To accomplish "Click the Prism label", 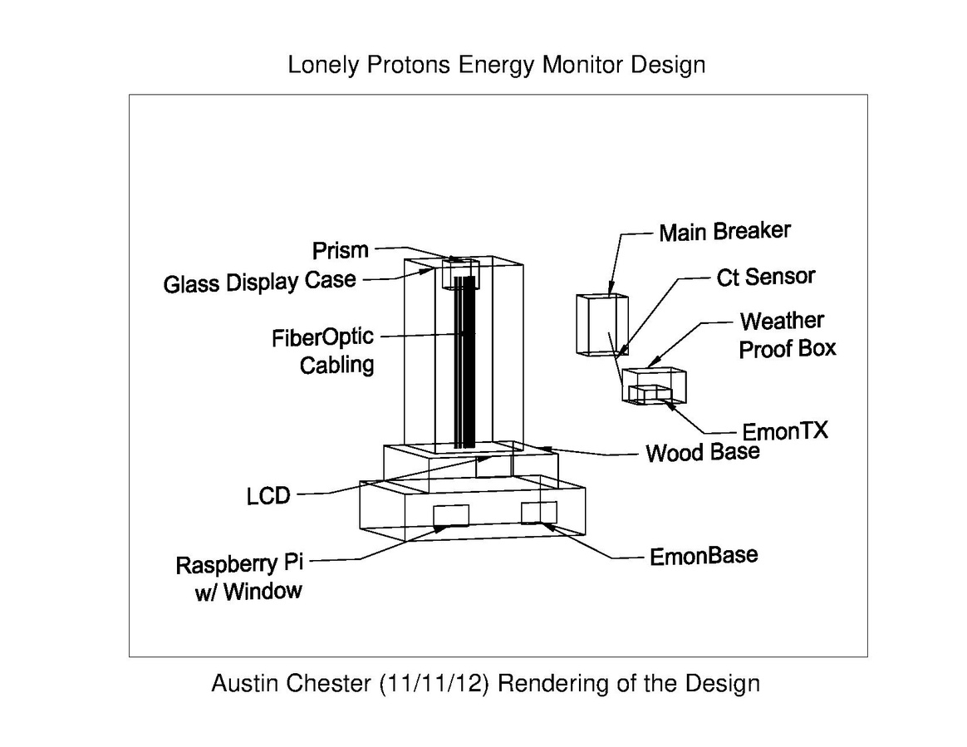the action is coord(341,250).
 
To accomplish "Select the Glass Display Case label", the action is coord(260,282).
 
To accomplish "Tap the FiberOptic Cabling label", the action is coord(323,351).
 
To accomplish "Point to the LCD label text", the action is coord(268,496).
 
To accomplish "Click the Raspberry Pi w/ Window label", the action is coord(240,577).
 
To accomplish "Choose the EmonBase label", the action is coord(704,556).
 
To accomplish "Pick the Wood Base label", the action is coord(703,453).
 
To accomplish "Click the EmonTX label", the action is coord(784,430).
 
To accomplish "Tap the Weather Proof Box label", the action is coord(788,335).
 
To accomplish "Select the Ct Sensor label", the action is coord(766,277).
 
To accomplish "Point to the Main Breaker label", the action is coord(724,232).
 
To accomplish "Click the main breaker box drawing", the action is coord(602,325).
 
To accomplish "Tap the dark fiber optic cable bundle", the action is coord(465,362).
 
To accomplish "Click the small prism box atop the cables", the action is coord(461,274).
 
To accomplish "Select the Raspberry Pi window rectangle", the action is coord(451,516).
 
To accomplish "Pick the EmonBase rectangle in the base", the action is coord(539,513).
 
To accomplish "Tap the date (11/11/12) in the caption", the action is coord(434,684).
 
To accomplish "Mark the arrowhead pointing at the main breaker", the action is coord(611,288).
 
